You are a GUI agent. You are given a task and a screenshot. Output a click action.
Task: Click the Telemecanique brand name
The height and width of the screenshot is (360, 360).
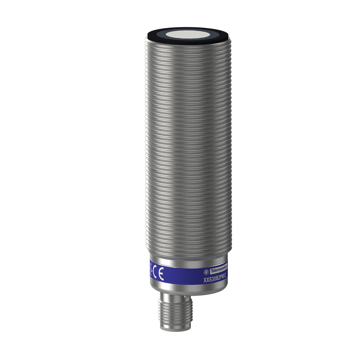(x=219, y=271)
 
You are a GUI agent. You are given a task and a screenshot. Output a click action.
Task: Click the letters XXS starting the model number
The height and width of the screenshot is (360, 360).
(x=207, y=280)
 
